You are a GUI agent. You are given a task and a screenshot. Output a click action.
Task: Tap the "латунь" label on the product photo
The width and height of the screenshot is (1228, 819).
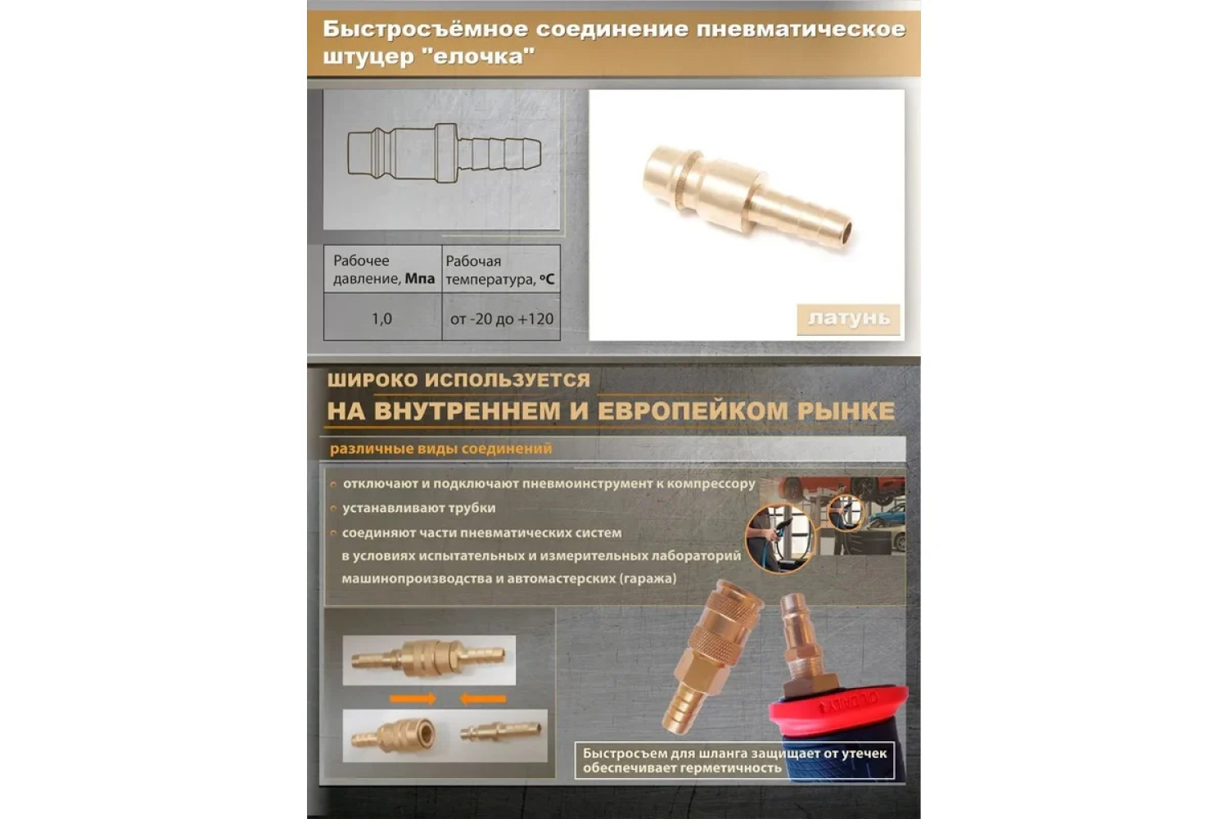(849, 319)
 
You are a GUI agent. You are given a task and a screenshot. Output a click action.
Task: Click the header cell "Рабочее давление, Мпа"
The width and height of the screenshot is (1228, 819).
(382, 269)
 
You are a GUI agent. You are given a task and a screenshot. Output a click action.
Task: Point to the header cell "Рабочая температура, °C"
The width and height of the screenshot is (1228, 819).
(501, 269)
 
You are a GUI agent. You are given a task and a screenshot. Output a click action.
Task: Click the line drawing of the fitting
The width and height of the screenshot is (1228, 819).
(444, 153)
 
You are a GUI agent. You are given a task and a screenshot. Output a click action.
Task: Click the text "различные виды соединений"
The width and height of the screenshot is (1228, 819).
(440, 449)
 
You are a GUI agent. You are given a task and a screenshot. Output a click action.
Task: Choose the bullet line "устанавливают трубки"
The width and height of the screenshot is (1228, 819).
(419, 508)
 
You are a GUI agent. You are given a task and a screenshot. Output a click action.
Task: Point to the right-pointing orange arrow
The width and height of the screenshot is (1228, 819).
(413, 699)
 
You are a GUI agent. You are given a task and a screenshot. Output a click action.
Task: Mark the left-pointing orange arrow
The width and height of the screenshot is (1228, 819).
(482, 699)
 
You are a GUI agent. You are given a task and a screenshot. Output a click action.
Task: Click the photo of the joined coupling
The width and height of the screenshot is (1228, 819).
(429, 660)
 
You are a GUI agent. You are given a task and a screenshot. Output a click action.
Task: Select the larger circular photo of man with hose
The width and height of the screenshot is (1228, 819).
(780, 538)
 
